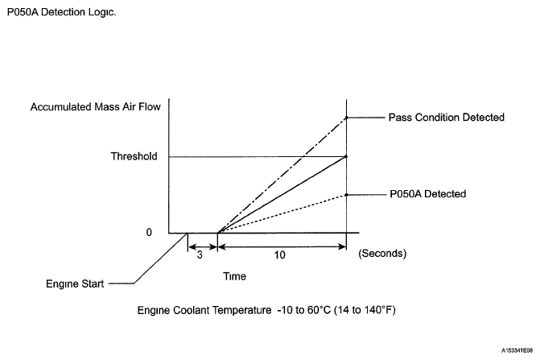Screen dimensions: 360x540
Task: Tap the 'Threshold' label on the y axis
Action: pyautogui.click(x=134, y=156)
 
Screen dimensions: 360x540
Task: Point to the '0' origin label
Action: pyautogui.click(x=149, y=232)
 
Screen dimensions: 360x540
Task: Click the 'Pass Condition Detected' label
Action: pyautogui.click(x=446, y=118)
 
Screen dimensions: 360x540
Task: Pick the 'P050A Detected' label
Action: pyautogui.click(x=427, y=194)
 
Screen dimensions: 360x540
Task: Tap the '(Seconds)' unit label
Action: pyautogui.click(x=383, y=252)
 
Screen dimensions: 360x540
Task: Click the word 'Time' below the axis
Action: pyautogui.click(x=234, y=275)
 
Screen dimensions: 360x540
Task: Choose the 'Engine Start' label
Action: pyautogui.click(x=75, y=284)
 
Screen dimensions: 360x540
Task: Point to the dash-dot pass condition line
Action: pyautogui.click(x=282, y=175)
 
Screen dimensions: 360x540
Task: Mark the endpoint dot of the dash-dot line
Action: pyautogui.click(x=346, y=118)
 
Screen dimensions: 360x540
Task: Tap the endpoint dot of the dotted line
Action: pyautogui.click(x=346, y=194)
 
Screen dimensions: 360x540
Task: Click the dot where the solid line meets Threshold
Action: pyautogui.click(x=346, y=156)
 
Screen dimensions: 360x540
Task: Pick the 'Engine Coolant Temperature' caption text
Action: pyautogui.click(x=269, y=310)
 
